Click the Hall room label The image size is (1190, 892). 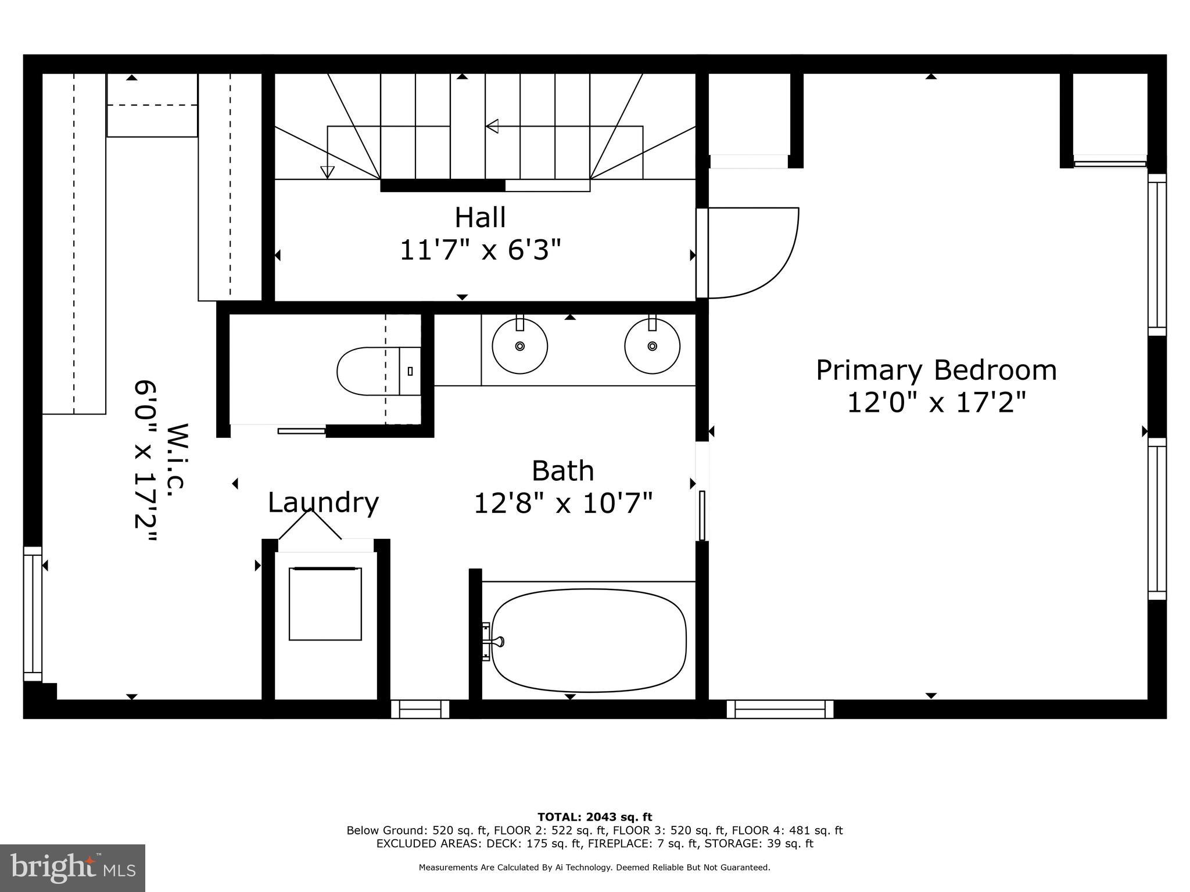coord(480,218)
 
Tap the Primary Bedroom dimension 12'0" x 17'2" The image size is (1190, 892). coord(936,402)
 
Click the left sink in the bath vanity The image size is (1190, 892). coord(519,346)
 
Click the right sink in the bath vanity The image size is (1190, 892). coord(652,346)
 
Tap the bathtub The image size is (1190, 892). coord(589,641)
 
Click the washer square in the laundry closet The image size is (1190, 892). coord(325,604)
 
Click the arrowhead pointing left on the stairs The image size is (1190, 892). coord(492,126)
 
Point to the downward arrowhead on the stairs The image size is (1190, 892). coord(328,172)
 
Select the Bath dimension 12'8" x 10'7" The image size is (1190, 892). coord(563,503)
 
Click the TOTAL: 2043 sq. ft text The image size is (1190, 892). coord(594,818)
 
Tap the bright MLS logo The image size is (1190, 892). coord(73,868)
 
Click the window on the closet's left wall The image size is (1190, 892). coord(33,613)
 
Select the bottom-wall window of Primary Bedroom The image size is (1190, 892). coord(780,709)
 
